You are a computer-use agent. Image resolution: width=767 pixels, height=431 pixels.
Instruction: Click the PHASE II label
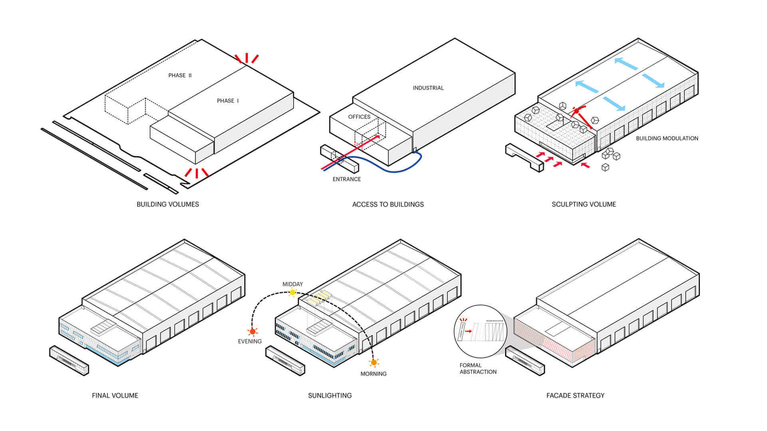point(180,75)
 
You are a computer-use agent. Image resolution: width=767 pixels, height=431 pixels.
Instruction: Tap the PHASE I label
point(228,101)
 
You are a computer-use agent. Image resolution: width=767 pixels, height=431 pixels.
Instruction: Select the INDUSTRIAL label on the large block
point(428,88)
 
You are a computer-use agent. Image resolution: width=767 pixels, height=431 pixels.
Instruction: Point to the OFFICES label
point(359,117)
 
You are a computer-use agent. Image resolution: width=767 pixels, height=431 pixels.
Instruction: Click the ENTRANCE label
point(347,179)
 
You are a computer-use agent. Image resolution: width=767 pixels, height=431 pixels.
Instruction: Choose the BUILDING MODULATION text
point(667,138)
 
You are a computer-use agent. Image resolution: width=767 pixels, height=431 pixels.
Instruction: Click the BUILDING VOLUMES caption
point(168,204)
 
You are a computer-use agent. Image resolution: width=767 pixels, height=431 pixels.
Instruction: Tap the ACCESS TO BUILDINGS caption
point(388,204)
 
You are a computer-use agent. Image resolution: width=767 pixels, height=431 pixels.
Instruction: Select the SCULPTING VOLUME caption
point(584,204)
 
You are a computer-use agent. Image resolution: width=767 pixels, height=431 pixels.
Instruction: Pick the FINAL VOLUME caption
point(115,395)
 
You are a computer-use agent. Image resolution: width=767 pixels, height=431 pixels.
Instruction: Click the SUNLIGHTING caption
point(330,395)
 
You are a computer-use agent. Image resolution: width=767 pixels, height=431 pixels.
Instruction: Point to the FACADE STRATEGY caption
point(575,395)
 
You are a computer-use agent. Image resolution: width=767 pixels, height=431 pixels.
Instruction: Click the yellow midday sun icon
point(292,293)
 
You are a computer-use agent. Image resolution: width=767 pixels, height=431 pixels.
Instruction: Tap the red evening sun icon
point(252,332)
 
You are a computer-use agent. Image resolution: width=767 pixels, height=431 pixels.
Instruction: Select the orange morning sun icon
point(374,362)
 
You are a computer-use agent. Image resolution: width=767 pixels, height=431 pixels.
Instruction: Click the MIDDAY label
point(293,284)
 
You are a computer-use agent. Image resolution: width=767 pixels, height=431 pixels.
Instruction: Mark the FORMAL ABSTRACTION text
point(478,368)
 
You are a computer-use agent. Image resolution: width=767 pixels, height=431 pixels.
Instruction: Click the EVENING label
point(250,341)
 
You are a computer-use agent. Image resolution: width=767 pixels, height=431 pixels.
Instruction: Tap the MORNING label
point(374,374)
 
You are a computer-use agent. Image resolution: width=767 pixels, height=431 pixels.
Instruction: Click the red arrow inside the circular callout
point(469,331)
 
